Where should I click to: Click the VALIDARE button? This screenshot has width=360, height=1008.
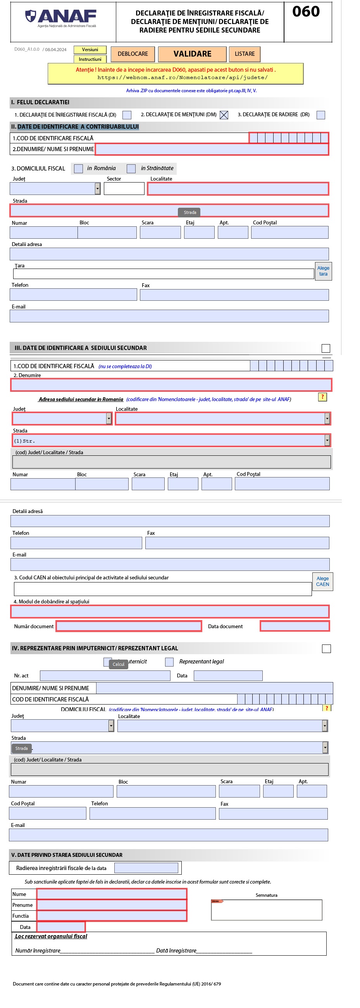click(192, 54)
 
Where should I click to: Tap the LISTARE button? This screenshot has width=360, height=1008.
click(245, 54)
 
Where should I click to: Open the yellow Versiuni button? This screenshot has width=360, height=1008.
click(90, 50)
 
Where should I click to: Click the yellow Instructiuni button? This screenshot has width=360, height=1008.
click(90, 59)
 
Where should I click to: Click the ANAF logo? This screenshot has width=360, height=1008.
click(61, 18)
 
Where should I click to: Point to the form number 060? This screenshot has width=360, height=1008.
click(306, 12)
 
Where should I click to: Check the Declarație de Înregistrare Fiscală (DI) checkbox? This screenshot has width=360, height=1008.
click(127, 115)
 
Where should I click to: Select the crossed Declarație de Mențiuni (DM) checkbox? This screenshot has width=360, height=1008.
click(224, 115)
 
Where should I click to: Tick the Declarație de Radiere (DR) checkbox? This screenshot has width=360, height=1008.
click(321, 115)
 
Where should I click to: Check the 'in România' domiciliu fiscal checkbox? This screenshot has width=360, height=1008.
click(79, 169)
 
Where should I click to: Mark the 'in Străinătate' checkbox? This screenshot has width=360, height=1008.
click(131, 169)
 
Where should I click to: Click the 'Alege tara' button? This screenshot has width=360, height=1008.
click(323, 271)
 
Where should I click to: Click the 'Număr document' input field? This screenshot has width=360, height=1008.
click(129, 627)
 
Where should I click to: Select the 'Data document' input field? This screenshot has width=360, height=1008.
click(295, 627)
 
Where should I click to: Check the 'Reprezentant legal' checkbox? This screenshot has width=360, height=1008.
click(169, 662)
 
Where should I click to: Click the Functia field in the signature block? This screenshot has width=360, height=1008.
click(112, 916)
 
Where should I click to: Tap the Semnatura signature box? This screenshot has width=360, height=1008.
click(267, 910)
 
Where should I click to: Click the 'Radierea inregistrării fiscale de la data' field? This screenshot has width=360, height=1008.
click(146, 868)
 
